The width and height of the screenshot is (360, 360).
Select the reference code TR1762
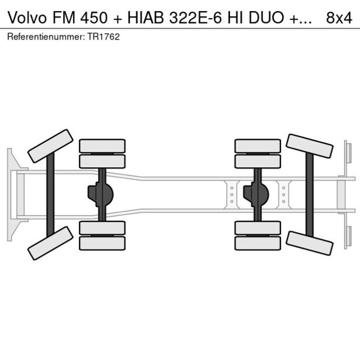[x=105, y=37]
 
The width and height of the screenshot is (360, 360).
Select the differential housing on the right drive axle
[x=255, y=195]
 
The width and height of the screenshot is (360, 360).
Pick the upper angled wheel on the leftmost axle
[x=51, y=146]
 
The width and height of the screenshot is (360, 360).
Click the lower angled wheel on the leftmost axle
[x=51, y=243]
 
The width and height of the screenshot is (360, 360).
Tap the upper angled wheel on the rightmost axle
[x=309, y=146]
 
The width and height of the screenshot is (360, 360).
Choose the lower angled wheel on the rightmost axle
[x=309, y=243]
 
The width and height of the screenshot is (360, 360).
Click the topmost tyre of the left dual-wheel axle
[x=102, y=146]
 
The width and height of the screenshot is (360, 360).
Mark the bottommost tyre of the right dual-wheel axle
[x=257, y=243]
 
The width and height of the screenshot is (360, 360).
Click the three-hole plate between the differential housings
[x=231, y=195]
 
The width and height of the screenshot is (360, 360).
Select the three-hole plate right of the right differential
[x=283, y=195]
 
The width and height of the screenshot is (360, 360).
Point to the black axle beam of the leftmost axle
[x=51, y=195]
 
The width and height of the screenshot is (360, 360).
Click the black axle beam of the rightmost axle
[x=309, y=195]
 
